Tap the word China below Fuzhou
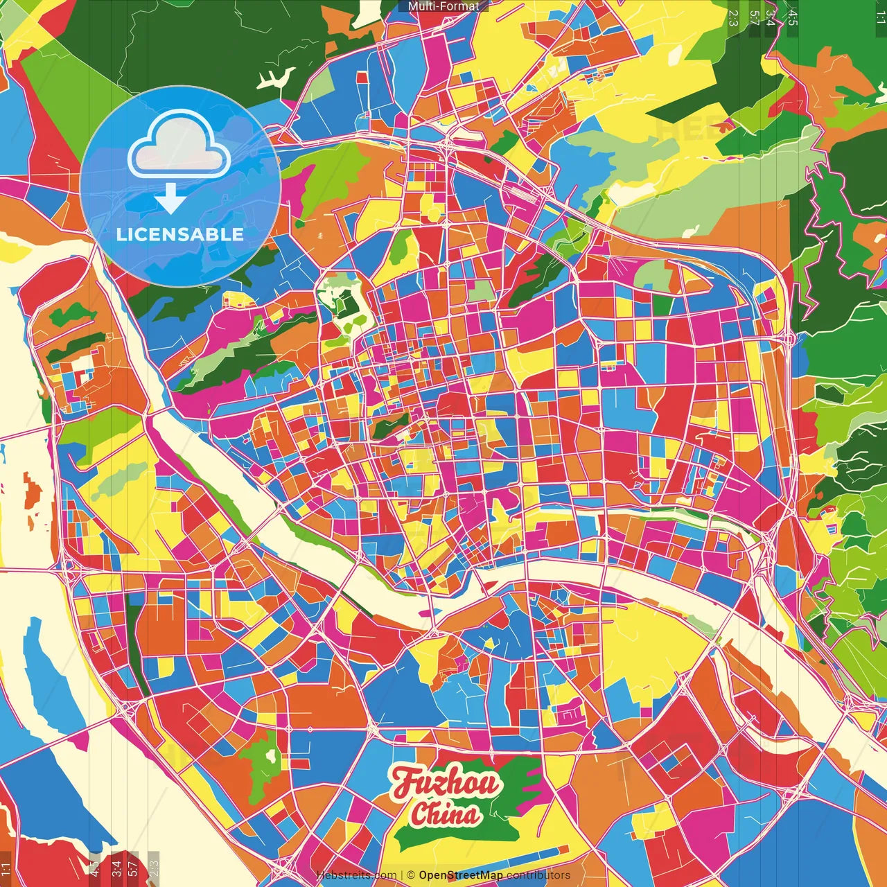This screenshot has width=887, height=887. point(445,814)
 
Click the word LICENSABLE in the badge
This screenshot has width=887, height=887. point(180,234)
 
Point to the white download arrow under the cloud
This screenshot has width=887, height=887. point(170,197)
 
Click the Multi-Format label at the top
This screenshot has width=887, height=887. point(443,6)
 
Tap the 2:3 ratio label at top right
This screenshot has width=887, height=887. point(733,17)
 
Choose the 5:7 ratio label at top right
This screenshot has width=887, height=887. point(754,17)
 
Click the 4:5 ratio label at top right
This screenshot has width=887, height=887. point(793,17)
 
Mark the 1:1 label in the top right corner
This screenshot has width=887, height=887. point(880,17)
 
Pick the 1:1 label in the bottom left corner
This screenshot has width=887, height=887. point(6,869)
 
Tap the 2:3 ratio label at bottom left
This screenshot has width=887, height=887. point(154,869)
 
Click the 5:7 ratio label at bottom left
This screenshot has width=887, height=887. point(133,869)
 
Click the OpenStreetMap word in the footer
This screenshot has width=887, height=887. point(461,875)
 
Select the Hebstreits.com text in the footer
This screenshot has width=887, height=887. point(356,875)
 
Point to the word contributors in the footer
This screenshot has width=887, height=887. point(538,875)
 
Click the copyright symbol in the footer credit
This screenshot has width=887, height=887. point(411,875)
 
